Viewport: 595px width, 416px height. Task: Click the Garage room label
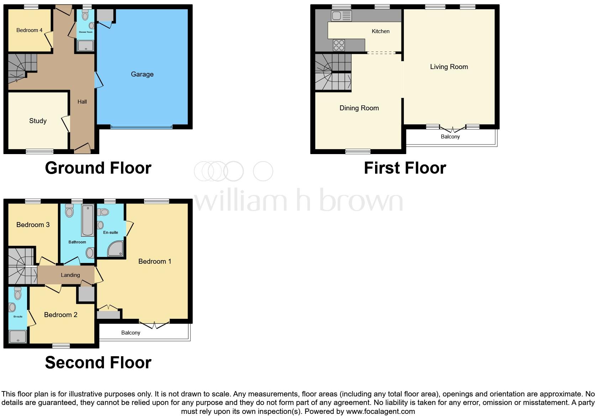142,74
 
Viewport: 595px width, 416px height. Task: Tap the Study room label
38,121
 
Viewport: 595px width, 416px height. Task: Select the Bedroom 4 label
29,30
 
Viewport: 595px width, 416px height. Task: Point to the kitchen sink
341,16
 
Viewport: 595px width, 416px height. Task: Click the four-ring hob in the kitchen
339,45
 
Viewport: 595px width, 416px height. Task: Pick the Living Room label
449,67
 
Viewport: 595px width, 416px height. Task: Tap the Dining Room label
359,108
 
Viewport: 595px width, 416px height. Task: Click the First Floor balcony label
450,137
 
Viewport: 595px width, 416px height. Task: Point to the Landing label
70,275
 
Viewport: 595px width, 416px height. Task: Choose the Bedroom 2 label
60,315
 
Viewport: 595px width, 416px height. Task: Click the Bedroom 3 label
33,225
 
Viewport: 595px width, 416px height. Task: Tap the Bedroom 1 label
154,261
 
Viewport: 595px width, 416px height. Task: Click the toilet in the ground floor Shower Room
85,15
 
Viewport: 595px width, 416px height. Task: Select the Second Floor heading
98,362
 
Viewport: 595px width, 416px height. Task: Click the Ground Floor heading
98,168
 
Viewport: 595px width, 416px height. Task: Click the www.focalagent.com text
380,411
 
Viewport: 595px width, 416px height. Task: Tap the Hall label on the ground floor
82,102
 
